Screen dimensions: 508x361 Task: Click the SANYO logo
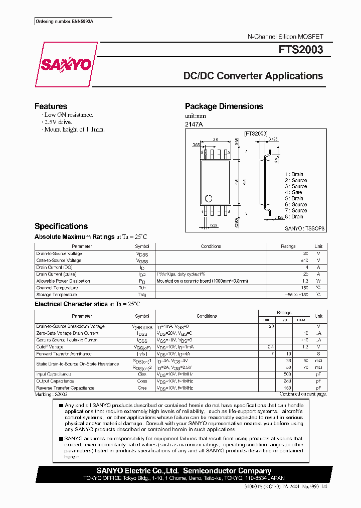pyautogui.click(x=65, y=65)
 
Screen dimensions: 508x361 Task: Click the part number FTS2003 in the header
pyautogui.click(x=301, y=50)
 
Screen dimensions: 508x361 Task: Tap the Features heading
pyautogui.click(x=51, y=106)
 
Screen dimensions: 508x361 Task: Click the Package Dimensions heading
pyautogui.click(x=224, y=106)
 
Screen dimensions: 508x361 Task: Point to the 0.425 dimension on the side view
pyautogui.click(x=273, y=140)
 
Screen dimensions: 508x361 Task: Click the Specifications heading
pyautogui.click(x=61, y=226)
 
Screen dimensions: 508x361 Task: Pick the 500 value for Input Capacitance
pyautogui.click(x=287, y=374)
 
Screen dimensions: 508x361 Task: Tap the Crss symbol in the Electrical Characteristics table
pyautogui.click(x=142, y=388)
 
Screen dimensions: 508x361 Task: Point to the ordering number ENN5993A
pyautogui.click(x=65, y=22)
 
